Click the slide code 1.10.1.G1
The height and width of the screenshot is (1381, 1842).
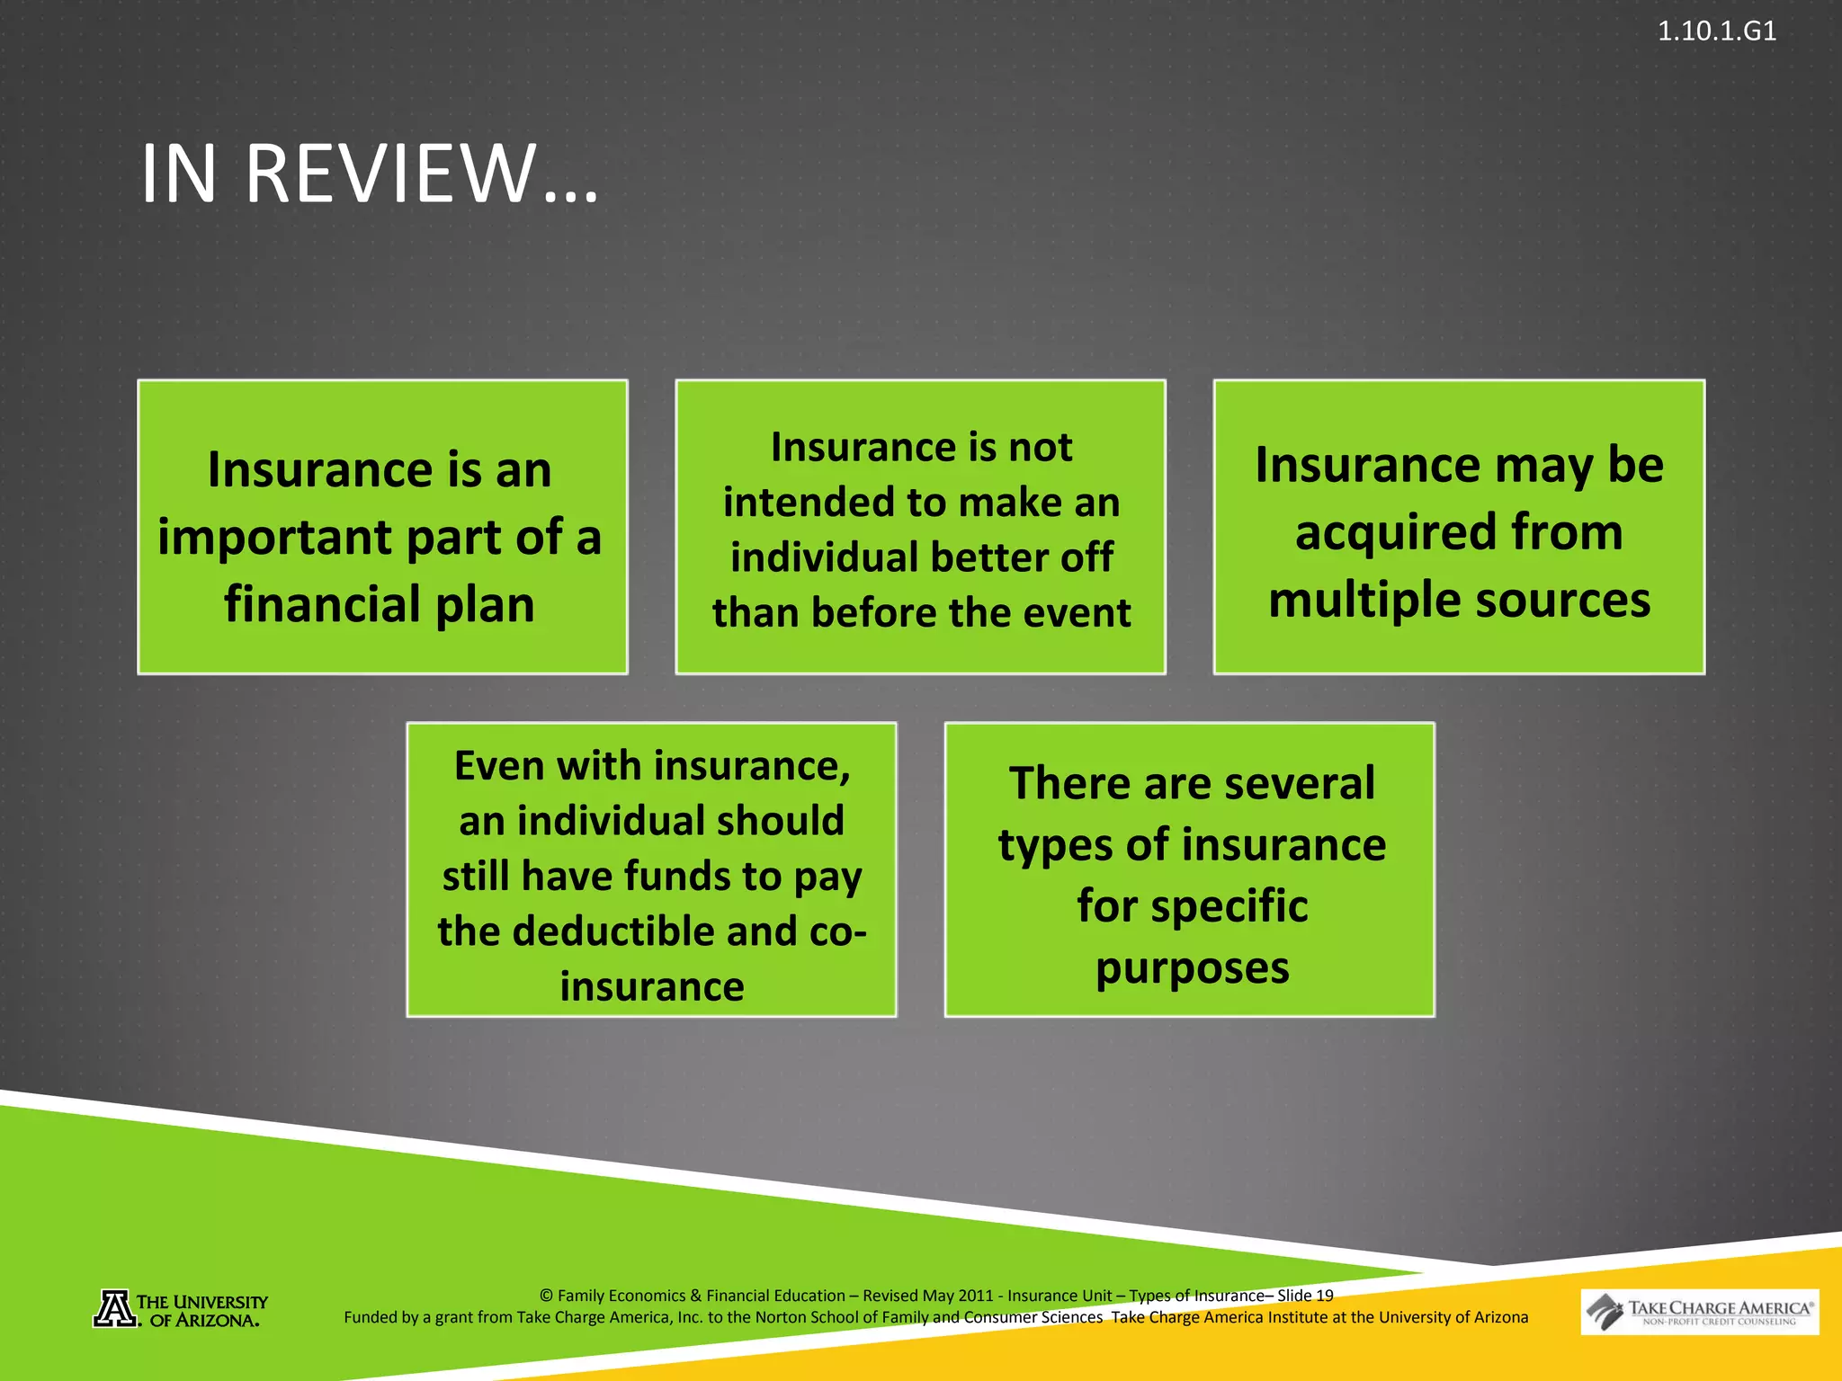pyautogui.click(x=1716, y=31)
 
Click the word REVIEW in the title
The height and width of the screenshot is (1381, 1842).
pyautogui.click(x=390, y=174)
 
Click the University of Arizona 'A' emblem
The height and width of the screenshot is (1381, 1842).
pyautogui.click(x=115, y=1308)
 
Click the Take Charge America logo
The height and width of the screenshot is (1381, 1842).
pyautogui.click(x=1699, y=1313)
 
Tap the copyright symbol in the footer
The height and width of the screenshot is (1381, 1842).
pyautogui.click(x=546, y=1296)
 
